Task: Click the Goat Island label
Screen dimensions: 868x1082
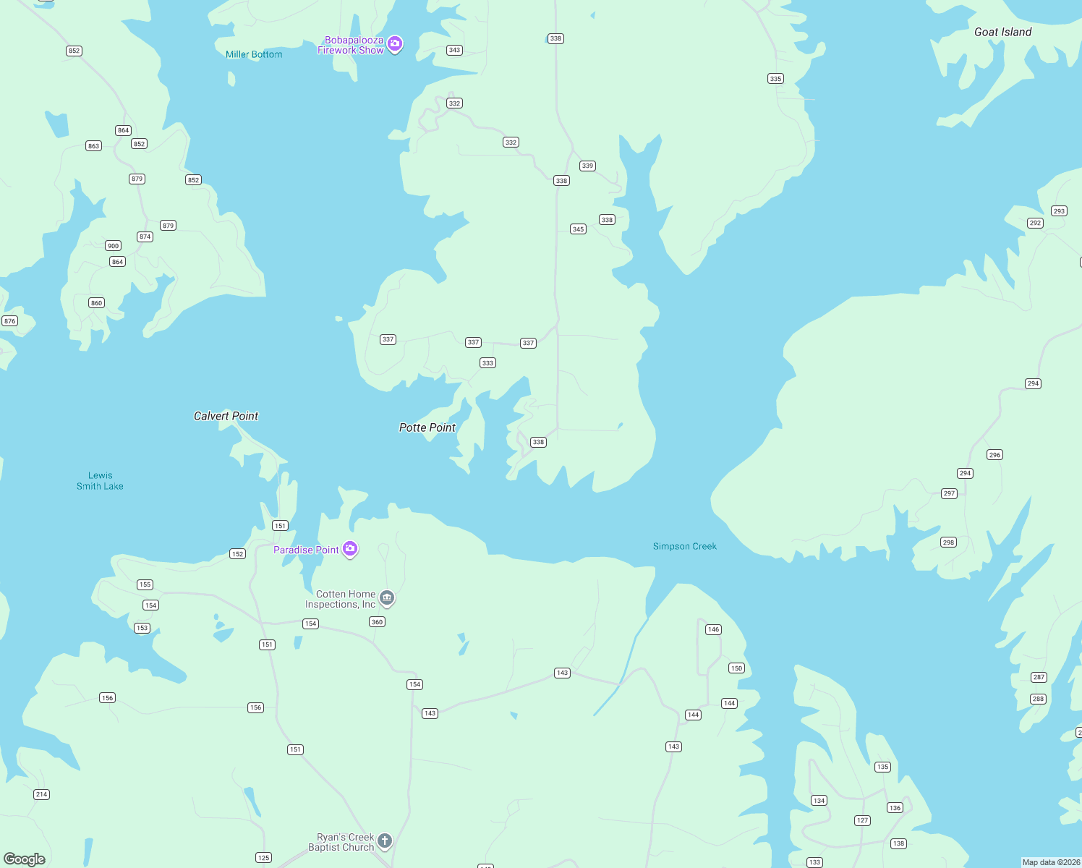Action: click(x=1002, y=32)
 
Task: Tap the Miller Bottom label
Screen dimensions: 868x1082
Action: click(x=254, y=54)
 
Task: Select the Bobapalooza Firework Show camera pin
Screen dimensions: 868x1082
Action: click(x=395, y=44)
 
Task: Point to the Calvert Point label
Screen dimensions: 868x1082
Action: click(x=226, y=416)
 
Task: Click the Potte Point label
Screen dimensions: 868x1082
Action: click(x=427, y=427)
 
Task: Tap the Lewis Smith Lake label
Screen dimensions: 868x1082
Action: click(x=100, y=481)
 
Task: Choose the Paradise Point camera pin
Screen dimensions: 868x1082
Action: click(x=350, y=549)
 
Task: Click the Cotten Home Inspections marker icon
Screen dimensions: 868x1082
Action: click(x=387, y=598)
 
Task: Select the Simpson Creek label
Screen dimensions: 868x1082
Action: click(x=684, y=546)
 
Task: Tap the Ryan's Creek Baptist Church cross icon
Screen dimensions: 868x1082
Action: click(x=385, y=841)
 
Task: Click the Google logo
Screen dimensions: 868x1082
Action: click(x=25, y=859)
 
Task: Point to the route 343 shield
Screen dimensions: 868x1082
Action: click(x=454, y=50)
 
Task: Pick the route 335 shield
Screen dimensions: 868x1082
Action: click(x=775, y=79)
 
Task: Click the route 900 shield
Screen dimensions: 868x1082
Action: click(x=113, y=246)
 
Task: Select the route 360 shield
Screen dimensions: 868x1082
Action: click(x=377, y=622)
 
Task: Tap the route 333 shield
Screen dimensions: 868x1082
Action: click(x=487, y=363)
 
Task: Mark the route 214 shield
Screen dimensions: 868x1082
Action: click(x=41, y=794)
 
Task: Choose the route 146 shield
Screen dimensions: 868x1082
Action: click(x=713, y=629)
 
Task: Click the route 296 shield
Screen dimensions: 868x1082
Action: click(x=994, y=455)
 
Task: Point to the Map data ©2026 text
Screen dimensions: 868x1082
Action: click(x=1051, y=862)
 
